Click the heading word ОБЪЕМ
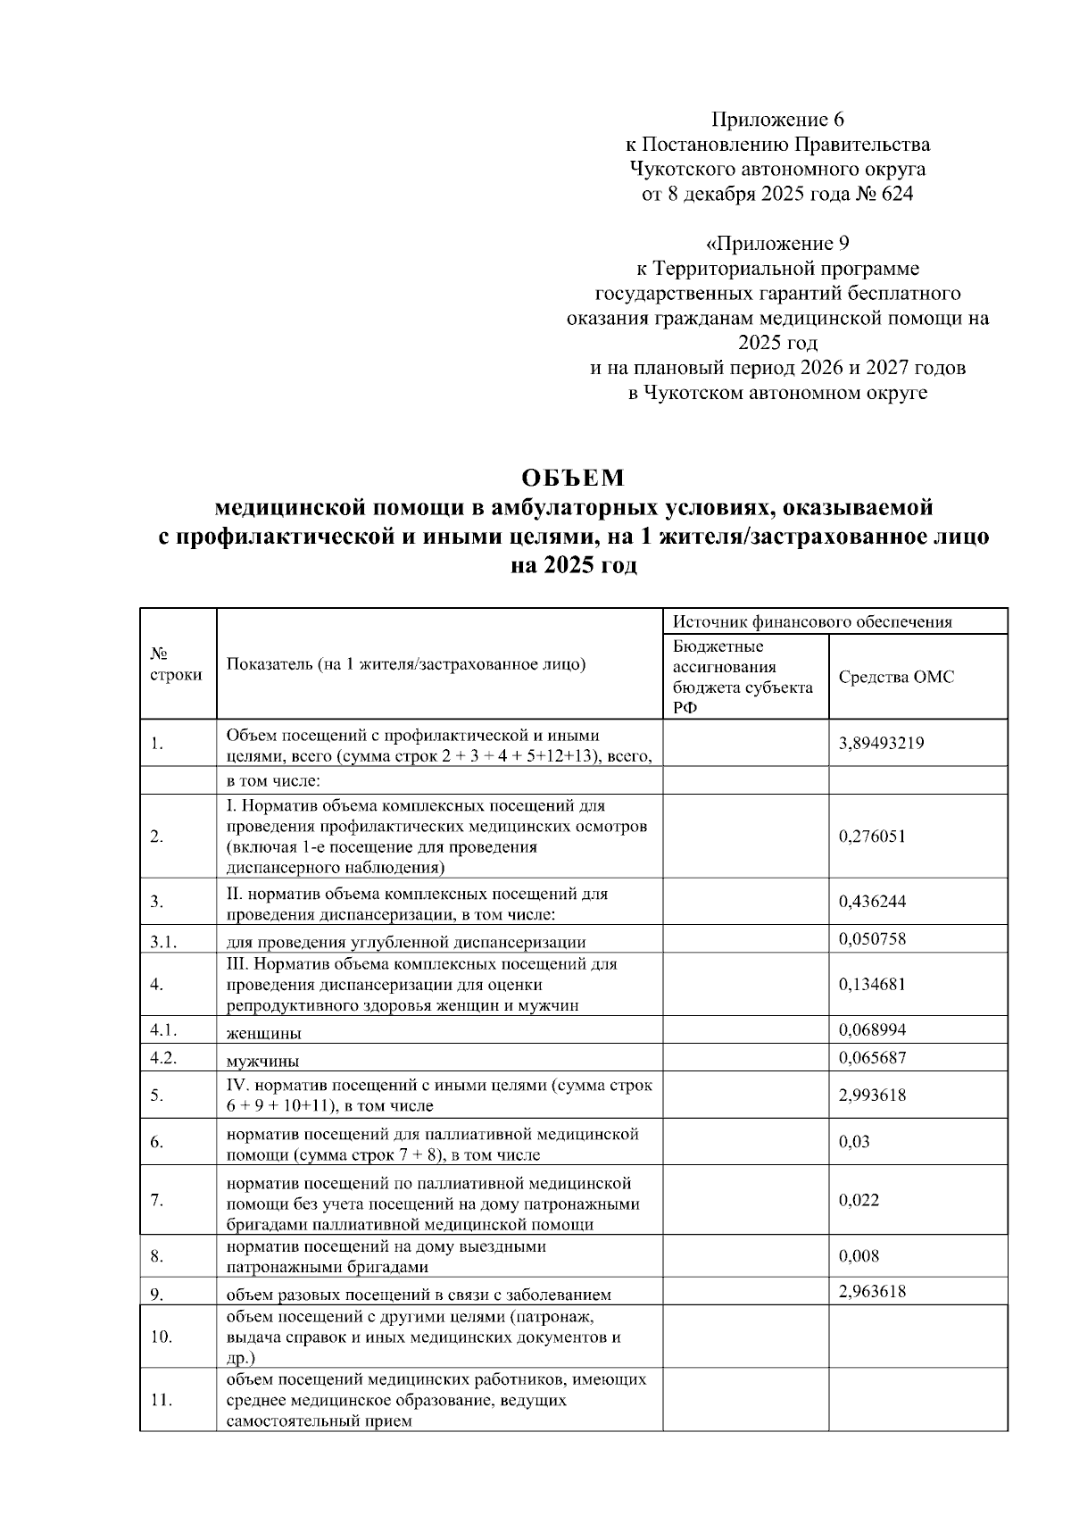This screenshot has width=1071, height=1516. (x=573, y=478)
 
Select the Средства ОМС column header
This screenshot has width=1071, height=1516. (x=896, y=677)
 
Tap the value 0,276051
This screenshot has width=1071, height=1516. (x=872, y=837)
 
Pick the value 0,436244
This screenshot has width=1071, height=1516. (x=872, y=902)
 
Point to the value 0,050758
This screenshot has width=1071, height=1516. (x=872, y=938)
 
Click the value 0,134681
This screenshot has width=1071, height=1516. (x=872, y=984)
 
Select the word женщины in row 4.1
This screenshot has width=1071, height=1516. (x=264, y=1033)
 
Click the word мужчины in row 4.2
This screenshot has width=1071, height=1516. (x=262, y=1062)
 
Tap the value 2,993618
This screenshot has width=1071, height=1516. (x=872, y=1095)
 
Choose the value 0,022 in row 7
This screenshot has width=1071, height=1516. (x=859, y=1200)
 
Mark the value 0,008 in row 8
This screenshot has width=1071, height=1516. (x=859, y=1256)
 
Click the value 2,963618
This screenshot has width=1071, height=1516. (x=872, y=1291)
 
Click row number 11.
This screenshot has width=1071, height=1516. (x=161, y=1401)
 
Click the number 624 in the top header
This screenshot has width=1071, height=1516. (x=897, y=194)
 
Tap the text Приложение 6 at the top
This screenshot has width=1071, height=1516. (x=776, y=120)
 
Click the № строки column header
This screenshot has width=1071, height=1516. (x=175, y=664)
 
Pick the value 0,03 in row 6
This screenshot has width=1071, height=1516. (x=854, y=1142)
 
